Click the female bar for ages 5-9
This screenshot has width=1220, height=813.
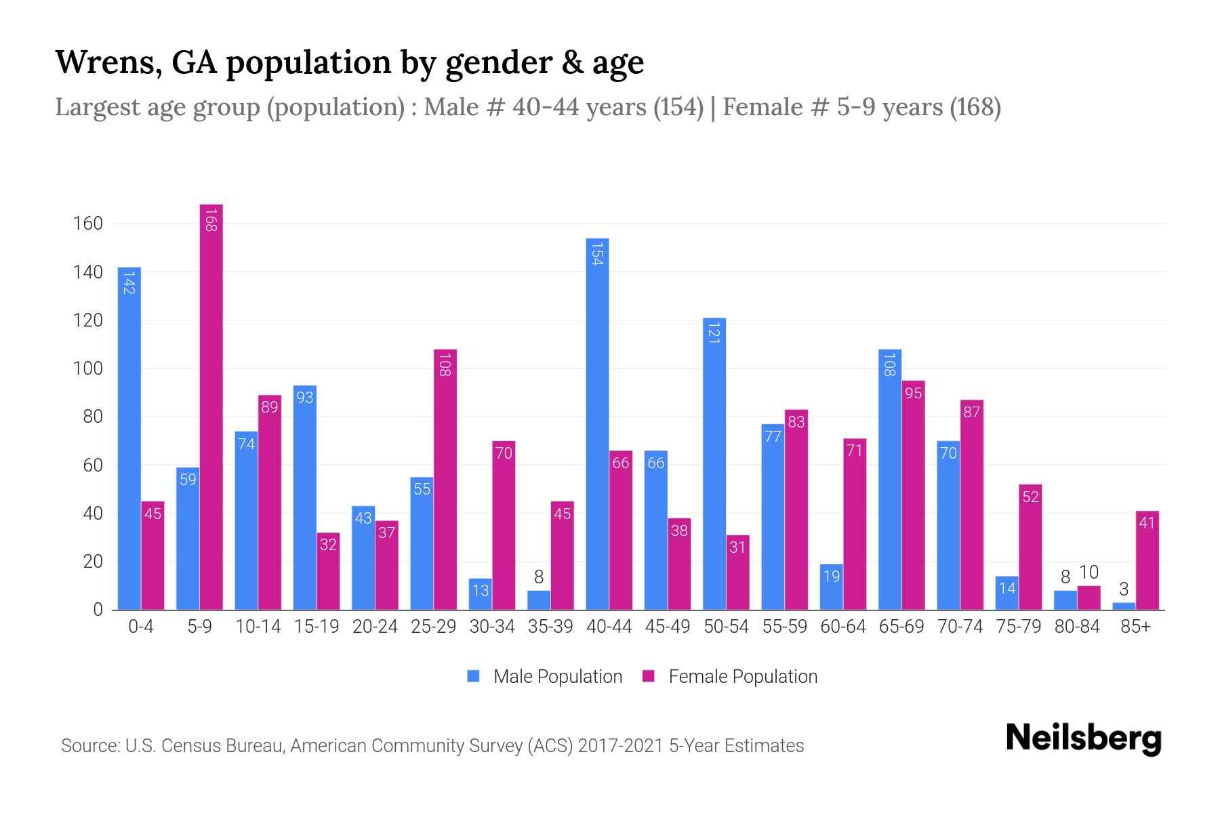pyautogui.click(x=211, y=406)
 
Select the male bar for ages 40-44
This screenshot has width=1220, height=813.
pyautogui.click(x=597, y=423)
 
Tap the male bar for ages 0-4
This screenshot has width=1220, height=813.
pyautogui.click(x=129, y=438)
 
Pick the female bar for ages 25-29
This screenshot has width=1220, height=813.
pyautogui.click(x=445, y=479)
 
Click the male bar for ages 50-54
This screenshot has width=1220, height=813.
pyautogui.click(x=714, y=463)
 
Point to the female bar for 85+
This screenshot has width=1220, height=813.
pyautogui.click(x=1147, y=560)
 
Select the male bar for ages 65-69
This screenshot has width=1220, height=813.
pyautogui.click(x=890, y=479)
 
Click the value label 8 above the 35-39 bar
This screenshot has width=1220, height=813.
pyautogui.click(x=539, y=577)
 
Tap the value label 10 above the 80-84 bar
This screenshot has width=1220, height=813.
pyautogui.click(x=1089, y=572)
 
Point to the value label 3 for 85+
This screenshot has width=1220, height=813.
pyautogui.click(x=1124, y=589)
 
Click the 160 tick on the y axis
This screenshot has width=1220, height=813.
pyautogui.click(x=87, y=224)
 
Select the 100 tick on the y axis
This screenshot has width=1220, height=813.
pyautogui.click(x=87, y=369)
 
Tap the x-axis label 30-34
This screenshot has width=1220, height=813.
pyautogui.click(x=492, y=627)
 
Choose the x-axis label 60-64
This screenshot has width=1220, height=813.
pyautogui.click(x=843, y=627)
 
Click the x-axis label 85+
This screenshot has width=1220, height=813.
pyautogui.click(x=1135, y=627)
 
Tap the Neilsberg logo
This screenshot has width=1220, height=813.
pyautogui.click(x=1084, y=738)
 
